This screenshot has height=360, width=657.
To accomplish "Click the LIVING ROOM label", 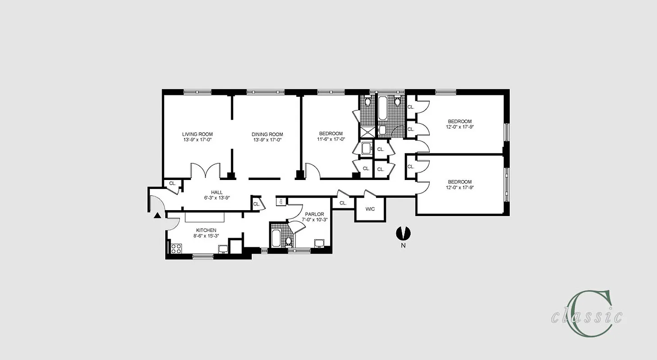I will (197, 134).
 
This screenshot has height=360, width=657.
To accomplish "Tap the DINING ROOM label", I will (267, 134).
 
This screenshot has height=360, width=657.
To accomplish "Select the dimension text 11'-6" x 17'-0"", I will (331, 139).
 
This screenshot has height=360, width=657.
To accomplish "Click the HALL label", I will (217, 192).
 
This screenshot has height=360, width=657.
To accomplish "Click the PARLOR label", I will (314, 214).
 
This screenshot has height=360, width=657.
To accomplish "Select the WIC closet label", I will (370, 209).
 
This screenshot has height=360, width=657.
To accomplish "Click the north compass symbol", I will (403, 233).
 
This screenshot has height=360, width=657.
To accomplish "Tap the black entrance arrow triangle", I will (157, 216).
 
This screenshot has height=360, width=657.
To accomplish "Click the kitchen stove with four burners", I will (176, 248).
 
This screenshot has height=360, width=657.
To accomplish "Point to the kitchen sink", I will (222, 248).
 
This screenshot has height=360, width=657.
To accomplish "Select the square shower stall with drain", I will (366, 131).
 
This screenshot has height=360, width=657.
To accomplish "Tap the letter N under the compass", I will (403, 246).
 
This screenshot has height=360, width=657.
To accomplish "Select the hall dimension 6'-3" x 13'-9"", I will (217, 198).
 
